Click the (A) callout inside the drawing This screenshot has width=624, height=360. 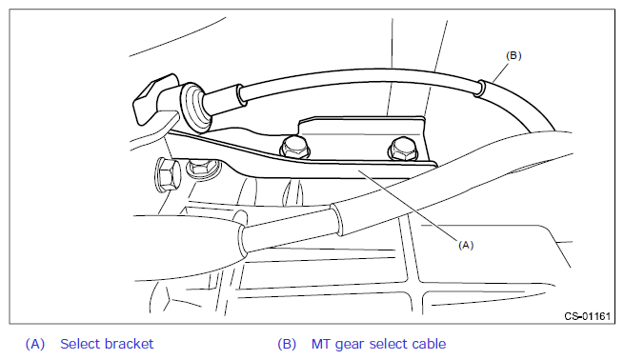point(466,245)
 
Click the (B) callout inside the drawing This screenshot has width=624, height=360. point(513,55)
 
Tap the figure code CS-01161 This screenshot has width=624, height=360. point(587,316)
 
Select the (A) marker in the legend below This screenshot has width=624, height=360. point(35,344)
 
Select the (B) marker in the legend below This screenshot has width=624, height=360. point(287,344)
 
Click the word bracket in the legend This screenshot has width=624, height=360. point(131,344)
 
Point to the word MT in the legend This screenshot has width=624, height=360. point(321,344)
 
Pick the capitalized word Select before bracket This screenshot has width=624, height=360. point(82,344)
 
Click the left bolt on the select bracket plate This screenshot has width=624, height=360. point(295,148)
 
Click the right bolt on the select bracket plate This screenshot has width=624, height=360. point(403,150)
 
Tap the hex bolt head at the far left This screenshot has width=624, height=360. point(167,174)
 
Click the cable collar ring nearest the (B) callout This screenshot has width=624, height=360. point(480,89)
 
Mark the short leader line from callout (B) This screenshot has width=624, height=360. point(500,72)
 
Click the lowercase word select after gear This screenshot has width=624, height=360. point(389,344)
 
